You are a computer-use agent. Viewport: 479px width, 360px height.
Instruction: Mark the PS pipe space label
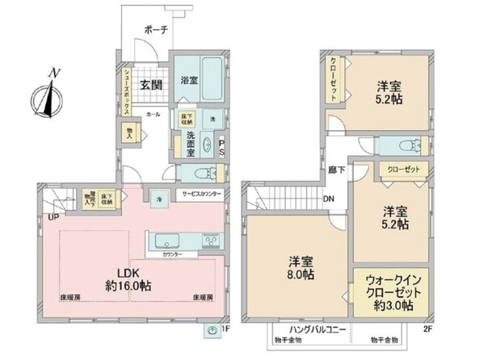(x=221, y=150)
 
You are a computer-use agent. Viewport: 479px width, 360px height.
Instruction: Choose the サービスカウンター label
(x=201, y=195)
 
